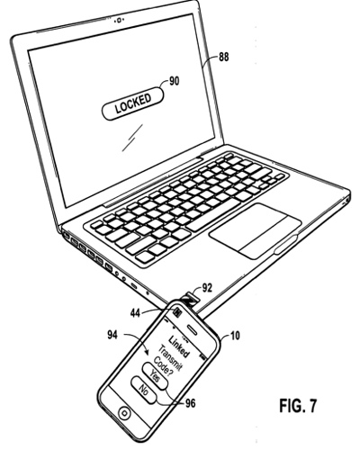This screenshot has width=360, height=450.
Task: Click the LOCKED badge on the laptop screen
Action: click(x=133, y=103)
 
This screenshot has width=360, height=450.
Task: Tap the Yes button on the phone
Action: click(x=155, y=376)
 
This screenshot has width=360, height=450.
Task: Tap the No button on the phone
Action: click(x=143, y=391)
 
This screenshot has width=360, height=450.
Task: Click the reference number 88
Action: click(x=223, y=57)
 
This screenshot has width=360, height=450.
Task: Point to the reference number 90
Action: click(x=174, y=81)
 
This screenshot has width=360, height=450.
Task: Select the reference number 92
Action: click(x=207, y=288)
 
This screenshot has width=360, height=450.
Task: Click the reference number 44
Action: click(x=135, y=313)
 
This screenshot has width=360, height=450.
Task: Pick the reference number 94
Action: click(x=113, y=335)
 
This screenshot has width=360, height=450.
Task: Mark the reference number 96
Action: click(x=190, y=403)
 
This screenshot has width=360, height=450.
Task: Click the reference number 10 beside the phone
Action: click(x=236, y=336)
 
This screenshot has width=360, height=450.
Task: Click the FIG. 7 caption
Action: click(x=298, y=406)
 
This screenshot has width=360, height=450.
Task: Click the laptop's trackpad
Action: click(x=256, y=230)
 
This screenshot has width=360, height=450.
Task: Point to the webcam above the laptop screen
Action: click(x=120, y=20)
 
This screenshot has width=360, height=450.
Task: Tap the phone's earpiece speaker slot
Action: click(x=193, y=329)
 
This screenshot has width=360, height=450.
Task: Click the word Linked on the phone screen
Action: click(x=179, y=346)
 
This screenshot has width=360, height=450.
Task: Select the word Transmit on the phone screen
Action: click(x=169, y=358)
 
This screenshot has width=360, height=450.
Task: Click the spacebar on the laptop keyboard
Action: click(x=213, y=212)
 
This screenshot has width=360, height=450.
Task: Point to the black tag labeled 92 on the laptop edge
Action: click(x=187, y=301)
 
